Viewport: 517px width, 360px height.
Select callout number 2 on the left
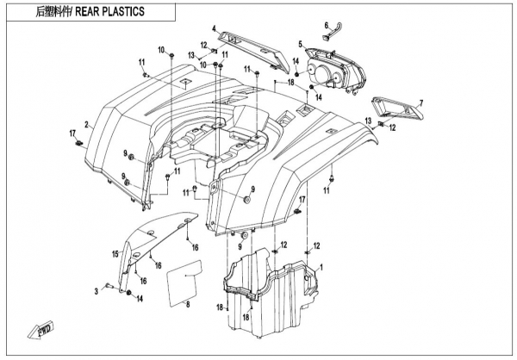tap(86, 125)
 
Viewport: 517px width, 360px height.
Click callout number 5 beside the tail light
tap(301, 44)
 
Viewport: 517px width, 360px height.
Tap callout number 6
tap(327, 26)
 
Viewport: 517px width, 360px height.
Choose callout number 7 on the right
tap(421, 102)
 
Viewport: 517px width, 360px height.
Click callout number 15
tap(113, 253)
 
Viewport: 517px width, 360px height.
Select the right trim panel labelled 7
tap(398, 109)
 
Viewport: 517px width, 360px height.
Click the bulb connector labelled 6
tap(332, 36)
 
